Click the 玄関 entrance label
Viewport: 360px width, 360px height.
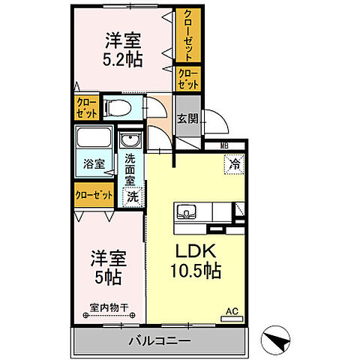[x=187, y=118]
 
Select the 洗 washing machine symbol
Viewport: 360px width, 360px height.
[x=131, y=196]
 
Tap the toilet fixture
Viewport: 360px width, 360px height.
[x=120, y=106]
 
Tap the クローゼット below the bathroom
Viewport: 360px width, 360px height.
[x=93, y=194]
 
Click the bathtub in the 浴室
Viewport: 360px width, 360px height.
[x=93, y=140]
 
